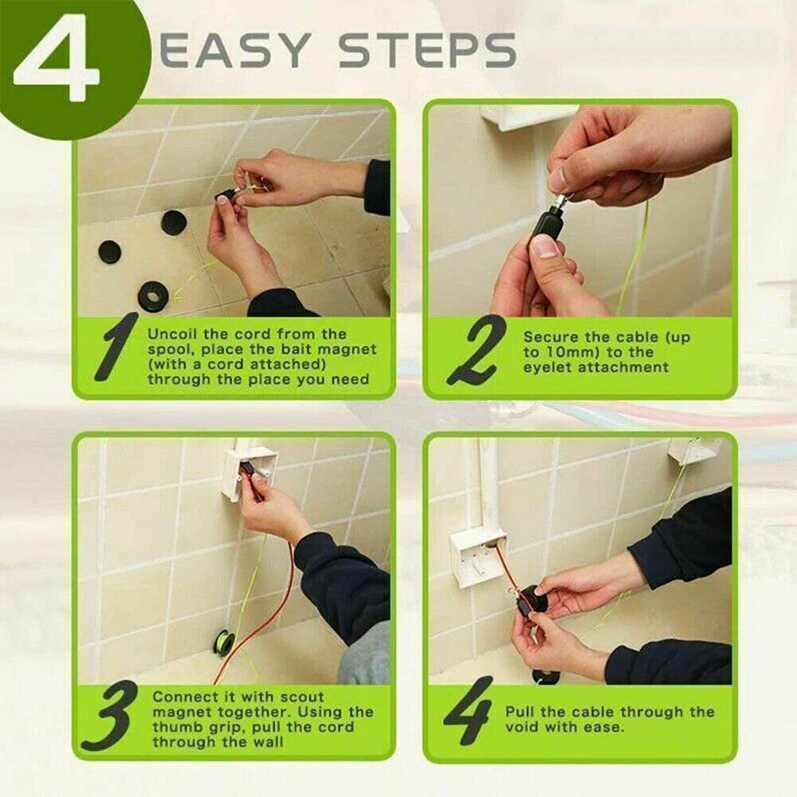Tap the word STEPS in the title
[427, 50]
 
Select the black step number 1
[117, 346]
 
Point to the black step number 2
[476, 350]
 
